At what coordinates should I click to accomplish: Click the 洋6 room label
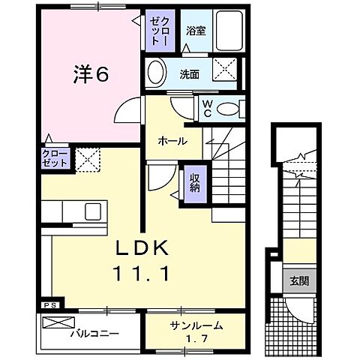click(91, 75)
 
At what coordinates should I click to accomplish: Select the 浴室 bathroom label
click(196, 32)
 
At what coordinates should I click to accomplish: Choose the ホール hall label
click(172, 140)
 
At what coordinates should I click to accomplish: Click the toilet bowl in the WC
click(228, 109)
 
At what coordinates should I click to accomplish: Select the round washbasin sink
click(155, 73)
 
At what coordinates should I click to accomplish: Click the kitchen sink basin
click(94, 211)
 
